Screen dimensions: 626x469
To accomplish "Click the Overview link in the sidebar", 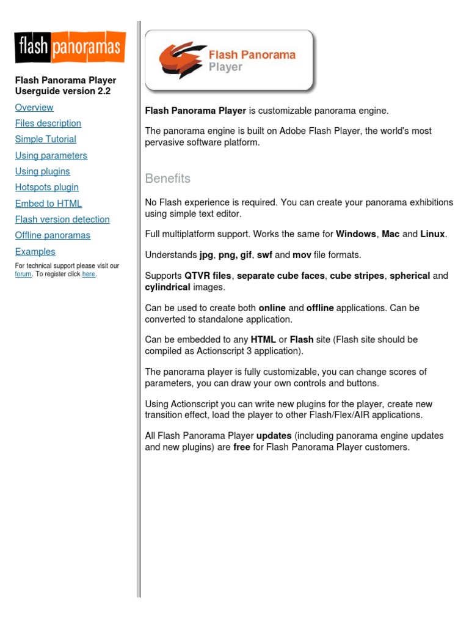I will click(x=34, y=108).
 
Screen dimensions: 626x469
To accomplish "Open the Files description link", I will click(x=48, y=123).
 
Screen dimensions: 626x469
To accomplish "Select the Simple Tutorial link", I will click(x=46, y=139).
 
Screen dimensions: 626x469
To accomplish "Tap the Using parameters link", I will click(x=51, y=156).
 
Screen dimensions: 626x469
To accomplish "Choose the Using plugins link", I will click(x=43, y=172).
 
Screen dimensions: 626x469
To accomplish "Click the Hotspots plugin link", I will click(x=47, y=188).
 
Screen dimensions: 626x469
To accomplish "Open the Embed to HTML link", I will click(x=48, y=204).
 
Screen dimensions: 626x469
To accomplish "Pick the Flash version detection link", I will click(x=62, y=219).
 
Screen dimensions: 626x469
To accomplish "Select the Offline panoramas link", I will click(x=53, y=235).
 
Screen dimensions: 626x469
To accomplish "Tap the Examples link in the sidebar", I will click(x=35, y=252).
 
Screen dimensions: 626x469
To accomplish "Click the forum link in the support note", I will click(x=23, y=274).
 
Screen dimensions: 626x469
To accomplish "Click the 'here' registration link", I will click(x=89, y=274).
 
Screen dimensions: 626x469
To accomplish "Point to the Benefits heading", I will click(x=168, y=179).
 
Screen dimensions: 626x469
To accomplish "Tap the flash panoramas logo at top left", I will click(x=70, y=48).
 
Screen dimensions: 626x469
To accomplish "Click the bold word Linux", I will click(x=433, y=234).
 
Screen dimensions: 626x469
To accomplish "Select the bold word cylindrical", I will click(x=168, y=287).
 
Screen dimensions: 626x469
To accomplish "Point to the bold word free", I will click(x=242, y=447).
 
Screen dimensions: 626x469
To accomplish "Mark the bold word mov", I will click(x=302, y=255).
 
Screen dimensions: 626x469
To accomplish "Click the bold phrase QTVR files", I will click(x=208, y=276).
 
